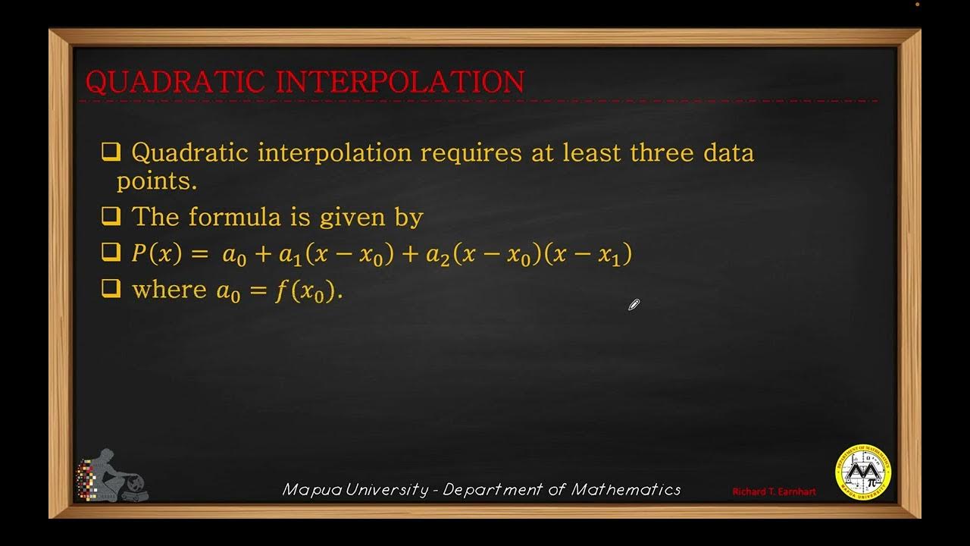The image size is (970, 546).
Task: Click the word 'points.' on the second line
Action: pyautogui.click(x=156, y=181)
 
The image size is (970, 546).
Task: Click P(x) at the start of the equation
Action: pyautogui.click(x=157, y=254)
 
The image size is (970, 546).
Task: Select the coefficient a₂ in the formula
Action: pyautogui.click(x=438, y=256)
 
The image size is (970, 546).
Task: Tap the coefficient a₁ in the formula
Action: pyautogui.click(x=290, y=256)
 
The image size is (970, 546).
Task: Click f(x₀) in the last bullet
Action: pyautogui.click(x=305, y=290)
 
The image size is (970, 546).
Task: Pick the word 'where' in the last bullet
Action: pyautogui.click(x=169, y=290)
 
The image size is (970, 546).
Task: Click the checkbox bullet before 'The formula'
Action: pyautogui.click(x=111, y=217)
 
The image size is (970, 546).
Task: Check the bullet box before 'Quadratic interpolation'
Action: pyautogui.click(x=111, y=152)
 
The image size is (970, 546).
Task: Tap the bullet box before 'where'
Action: pyautogui.click(x=111, y=289)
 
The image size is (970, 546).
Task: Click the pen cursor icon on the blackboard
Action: pyautogui.click(x=634, y=305)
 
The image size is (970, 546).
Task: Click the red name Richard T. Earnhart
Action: pyautogui.click(x=774, y=492)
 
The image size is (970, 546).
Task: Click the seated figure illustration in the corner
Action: pyautogui.click(x=114, y=476)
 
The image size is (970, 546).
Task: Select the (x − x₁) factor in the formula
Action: pyautogui.click(x=593, y=255)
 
